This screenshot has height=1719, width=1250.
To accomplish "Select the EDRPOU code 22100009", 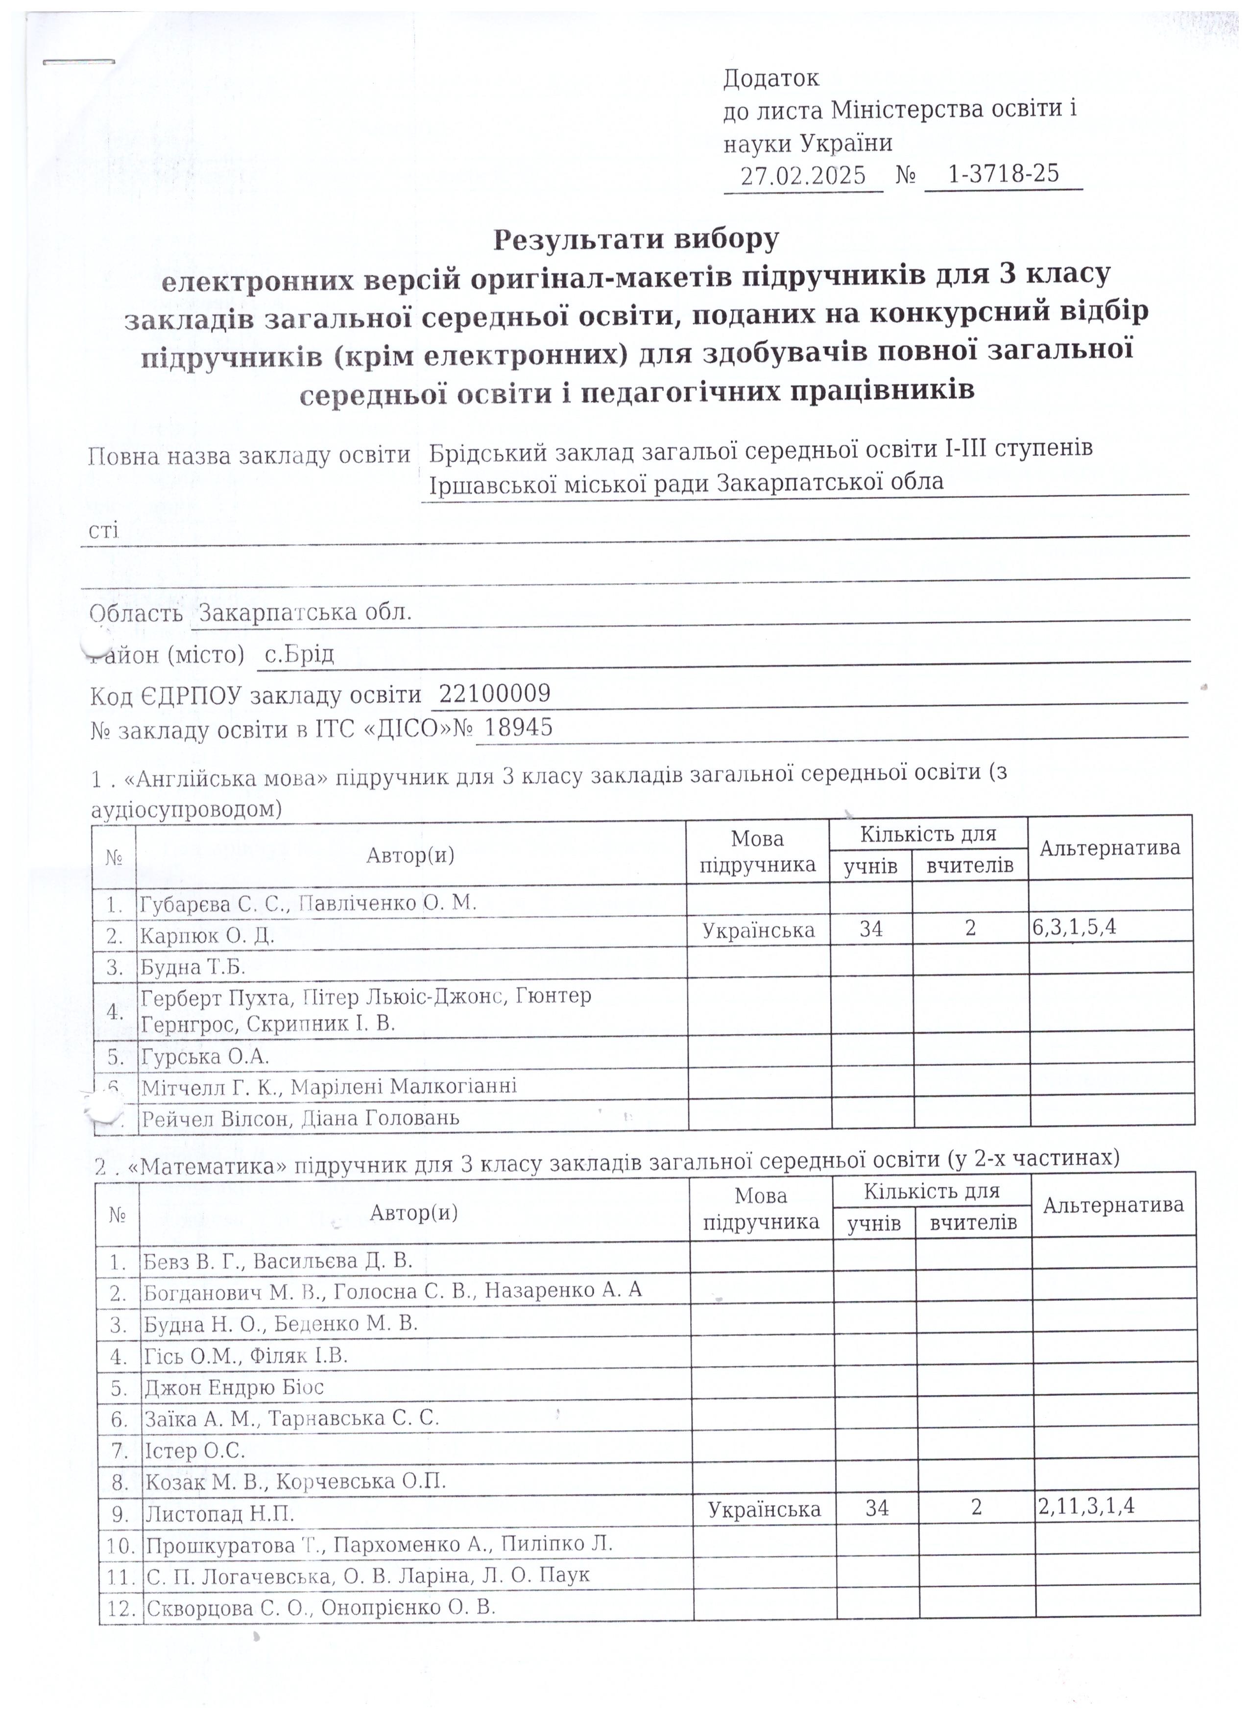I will tap(495, 693).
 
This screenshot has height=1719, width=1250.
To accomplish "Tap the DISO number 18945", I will tap(519, 728).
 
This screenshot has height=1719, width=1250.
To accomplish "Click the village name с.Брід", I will tap(299, 653).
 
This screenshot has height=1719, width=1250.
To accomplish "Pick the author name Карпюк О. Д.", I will tap(207, 936).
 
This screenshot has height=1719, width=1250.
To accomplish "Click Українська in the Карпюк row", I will tap(759, 930).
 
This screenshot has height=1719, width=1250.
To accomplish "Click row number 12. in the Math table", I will tap(122, 1608).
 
